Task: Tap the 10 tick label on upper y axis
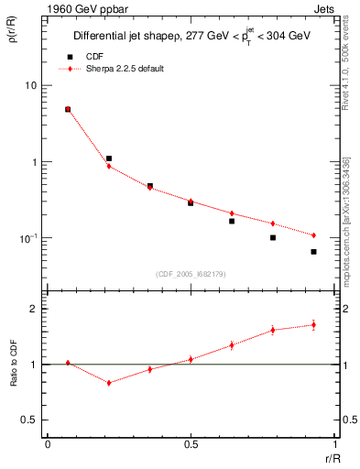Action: (x=30, y=86)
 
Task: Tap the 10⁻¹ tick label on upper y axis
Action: (x=28, y=238)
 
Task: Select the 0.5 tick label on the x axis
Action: (x=191, y=444)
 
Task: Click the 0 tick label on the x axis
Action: (x=48, y=444)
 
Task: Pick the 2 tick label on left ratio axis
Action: (x=35, y=310)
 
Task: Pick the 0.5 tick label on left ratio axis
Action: (x=30, y=420)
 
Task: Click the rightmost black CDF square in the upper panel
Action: (x=313, y=251)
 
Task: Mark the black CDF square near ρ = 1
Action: (x=109, y=158)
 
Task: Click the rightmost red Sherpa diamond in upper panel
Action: (x=313, y=235)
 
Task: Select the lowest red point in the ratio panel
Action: (x=109, y=383)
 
